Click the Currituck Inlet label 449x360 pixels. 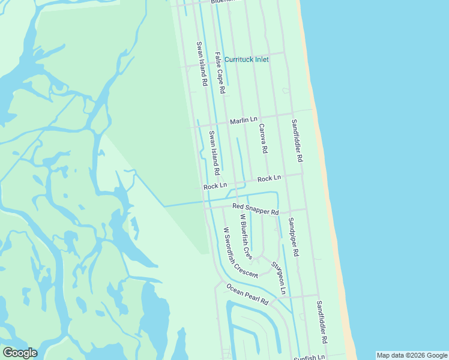pos(246,59)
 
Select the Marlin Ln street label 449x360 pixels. pos(243,121)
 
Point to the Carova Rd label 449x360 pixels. pos(263,139)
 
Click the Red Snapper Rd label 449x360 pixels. pos(256,209)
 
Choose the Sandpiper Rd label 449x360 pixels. pos(292,237)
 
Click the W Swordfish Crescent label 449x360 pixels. pos(240,253)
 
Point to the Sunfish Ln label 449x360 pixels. pos(309,358)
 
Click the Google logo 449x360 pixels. pos(20,353)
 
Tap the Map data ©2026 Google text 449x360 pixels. pos(412,355)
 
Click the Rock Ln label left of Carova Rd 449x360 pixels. pos(215,187)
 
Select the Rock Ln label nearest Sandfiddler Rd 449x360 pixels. pos(269,179)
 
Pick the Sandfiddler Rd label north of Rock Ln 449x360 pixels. pos(297,142)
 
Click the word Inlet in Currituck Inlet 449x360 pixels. pos(260,59)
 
